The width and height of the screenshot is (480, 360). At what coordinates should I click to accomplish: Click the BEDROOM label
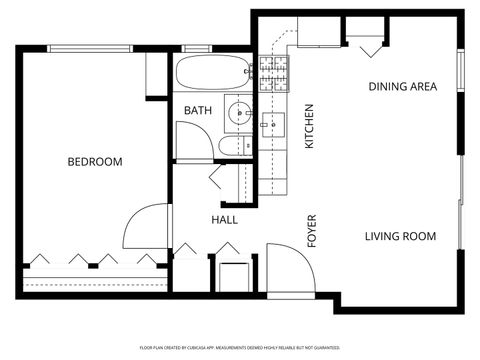(95, 162)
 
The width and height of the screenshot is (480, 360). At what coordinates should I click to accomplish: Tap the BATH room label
(197, 110)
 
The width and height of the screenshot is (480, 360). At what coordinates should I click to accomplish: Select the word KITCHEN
(309, 127)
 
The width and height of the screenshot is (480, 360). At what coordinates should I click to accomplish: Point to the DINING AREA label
(403, 87)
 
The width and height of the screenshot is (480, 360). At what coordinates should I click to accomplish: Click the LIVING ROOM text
(400, 237)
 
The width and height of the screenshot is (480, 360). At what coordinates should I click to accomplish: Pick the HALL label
(224, 220)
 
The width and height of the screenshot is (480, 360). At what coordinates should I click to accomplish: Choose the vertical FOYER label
(311, 231)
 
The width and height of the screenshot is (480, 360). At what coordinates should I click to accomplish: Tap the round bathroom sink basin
(239, 113)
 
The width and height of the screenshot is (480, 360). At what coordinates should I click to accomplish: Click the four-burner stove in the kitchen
(273, 72)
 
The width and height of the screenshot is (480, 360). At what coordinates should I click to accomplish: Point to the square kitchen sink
(273, 124)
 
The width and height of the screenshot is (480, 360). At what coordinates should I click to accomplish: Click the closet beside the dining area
(369, 41)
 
